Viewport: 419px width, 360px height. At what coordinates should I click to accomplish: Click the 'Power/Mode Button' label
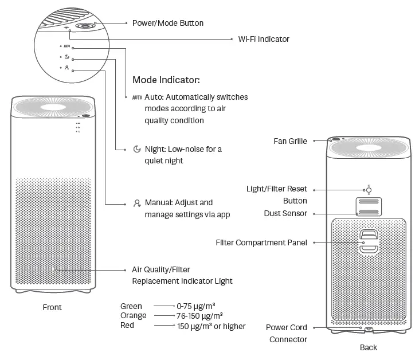tap(168, 23)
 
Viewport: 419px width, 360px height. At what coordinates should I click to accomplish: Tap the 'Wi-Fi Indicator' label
tap(264, 39)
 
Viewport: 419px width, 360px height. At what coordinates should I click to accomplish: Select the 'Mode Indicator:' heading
tap(166, 80)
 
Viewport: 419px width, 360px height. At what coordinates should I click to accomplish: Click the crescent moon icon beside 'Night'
tap(137, 149)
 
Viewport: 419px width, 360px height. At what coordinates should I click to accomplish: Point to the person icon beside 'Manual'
tap(137, 203)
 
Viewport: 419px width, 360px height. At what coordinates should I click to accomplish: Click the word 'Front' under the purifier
tap(52, 307)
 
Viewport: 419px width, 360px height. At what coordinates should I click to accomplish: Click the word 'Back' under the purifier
tap(369, 347)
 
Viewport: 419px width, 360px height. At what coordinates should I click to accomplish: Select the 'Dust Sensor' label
tap(286, 213)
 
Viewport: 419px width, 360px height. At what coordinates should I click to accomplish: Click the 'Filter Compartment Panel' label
tap(261, 242)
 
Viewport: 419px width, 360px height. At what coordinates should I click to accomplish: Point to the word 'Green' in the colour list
tap(131, 306)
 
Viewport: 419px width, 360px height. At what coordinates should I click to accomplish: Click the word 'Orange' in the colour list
tap(134, 316)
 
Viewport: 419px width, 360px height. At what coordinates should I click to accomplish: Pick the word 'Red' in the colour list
tap(127, 326)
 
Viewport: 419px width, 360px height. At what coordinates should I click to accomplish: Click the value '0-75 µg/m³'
tap(196, 306)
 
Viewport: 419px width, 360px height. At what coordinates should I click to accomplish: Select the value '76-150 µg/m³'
tap(200, 316)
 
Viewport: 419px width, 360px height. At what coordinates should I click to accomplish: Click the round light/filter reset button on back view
tap(369, 190)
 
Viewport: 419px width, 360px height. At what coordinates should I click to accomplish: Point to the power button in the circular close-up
tap(86, 26)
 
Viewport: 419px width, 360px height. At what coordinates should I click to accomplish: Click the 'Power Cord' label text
tap(287, 327)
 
